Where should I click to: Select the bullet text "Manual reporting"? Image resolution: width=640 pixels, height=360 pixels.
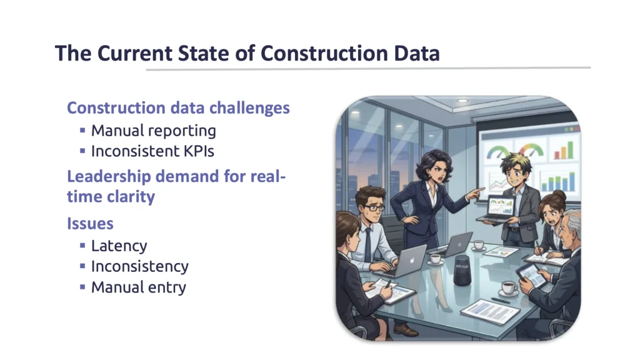(x=154, y=131)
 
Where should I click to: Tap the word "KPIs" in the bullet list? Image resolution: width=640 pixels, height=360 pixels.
(x=199, y=151)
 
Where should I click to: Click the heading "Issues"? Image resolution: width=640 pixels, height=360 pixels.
(x=90, y=223)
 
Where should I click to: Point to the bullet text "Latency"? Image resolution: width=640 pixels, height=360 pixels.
(x=119, y=246)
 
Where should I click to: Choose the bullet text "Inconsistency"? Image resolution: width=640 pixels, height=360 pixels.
(x=139, y=266)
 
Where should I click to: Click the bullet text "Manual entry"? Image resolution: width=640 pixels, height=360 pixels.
(x=138, y=287)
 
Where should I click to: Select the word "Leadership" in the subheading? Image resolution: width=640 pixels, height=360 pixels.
(x=109, y=176)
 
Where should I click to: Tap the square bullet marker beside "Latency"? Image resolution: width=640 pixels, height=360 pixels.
(x=82, y=245)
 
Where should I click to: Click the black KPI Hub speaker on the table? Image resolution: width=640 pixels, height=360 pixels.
(x=462, y=270)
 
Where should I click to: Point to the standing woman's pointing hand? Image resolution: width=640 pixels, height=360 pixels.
(x=476, y=192)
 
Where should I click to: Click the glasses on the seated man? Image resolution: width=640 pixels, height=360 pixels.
(x=374, y=207)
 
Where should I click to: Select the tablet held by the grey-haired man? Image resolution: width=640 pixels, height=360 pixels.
(x=531, y=275)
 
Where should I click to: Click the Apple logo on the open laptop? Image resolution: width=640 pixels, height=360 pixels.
(x=412, y=260)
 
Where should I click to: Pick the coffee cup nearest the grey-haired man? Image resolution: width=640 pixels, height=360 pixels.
(x=509, y=287)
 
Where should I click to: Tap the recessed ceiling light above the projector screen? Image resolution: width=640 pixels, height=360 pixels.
(x=462, y=101)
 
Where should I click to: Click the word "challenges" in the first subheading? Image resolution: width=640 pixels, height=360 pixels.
(x=249, y=108)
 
